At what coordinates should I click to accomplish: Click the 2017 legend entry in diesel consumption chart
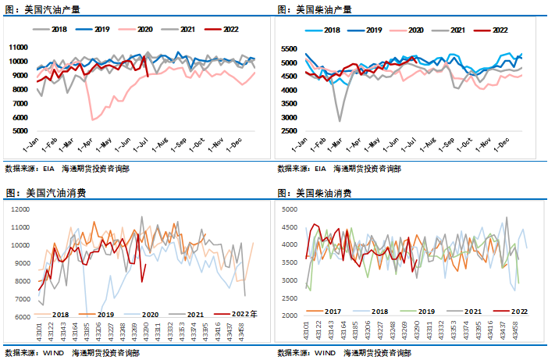tap(315, 311)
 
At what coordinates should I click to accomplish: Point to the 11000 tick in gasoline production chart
tap(18, 46)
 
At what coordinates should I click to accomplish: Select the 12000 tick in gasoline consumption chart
tap(18, 209)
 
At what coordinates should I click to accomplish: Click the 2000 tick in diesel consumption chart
tap(289, 316)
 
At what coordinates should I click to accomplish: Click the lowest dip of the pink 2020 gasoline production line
tap(93, 119)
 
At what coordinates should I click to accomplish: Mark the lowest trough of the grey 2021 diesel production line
tap(340, 120)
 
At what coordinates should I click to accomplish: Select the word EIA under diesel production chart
tap(320, 168)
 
